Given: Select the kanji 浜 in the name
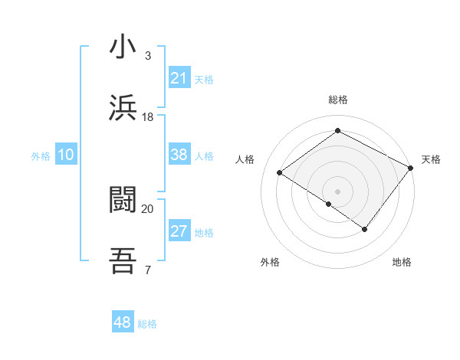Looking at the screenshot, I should pos(123,108).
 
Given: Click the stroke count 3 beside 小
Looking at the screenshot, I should pos(148,56).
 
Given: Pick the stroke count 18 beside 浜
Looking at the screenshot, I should pos(148,116).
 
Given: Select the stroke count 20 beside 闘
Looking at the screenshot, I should pos(148,208).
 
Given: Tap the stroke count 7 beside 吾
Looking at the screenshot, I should pos(148,270).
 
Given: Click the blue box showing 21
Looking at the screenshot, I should pos(179,78).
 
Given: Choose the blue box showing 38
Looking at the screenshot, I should pos(179,155).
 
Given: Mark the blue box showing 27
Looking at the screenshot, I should pos(179,231).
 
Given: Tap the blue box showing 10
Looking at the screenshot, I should pos(65,155).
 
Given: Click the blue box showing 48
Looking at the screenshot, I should pos(122,322).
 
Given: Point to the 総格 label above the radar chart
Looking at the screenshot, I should pos(337,100).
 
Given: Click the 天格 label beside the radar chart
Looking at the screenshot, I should pos(431,159).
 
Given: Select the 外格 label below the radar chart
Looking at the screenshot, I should pos(270,262).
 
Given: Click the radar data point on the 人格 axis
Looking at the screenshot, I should pos(280,172).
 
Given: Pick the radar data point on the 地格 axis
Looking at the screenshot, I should pos(365,229).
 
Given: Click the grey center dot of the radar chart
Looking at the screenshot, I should pos(337,191).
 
